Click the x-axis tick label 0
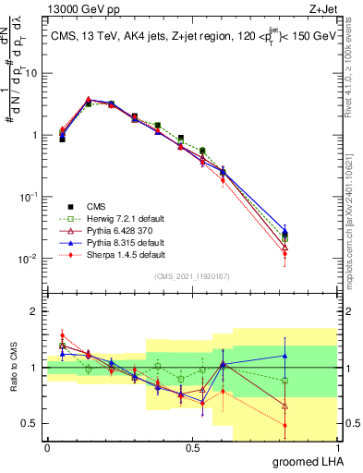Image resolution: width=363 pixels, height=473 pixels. [x=47, y=448]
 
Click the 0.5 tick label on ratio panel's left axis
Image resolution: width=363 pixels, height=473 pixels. [x=31, y=424]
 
